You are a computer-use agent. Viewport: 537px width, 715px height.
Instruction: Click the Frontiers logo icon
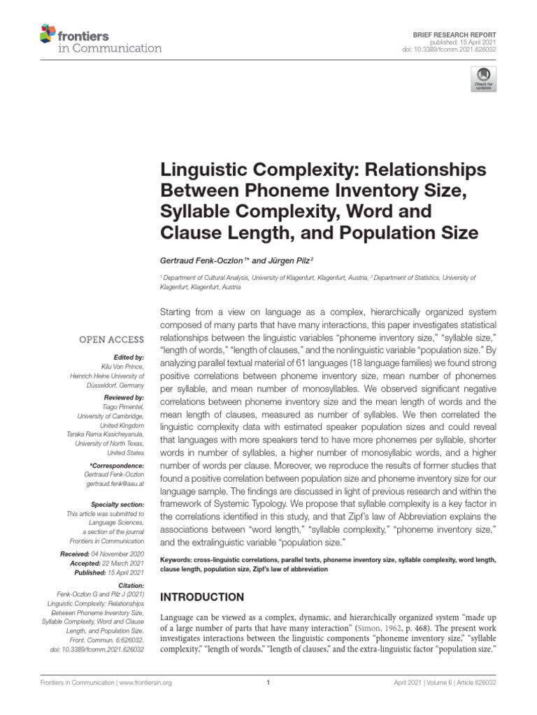coord(47,33)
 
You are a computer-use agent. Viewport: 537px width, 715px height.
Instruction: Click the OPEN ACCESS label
coord(111,340)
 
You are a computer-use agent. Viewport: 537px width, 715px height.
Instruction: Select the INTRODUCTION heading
coord(203,597)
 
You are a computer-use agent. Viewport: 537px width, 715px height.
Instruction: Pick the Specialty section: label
coord(117,504)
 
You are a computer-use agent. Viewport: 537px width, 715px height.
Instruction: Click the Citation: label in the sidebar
coord(130,585)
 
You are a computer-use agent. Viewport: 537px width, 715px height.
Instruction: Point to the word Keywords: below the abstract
coord(180,560)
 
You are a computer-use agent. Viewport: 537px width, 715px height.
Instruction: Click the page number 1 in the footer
coord(268,683)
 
